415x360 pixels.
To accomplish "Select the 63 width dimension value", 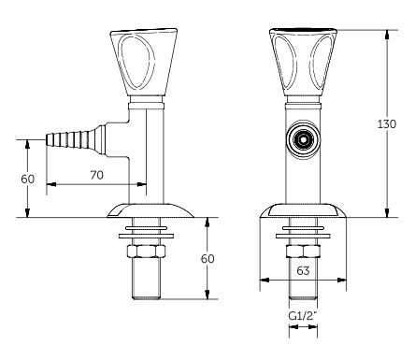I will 303,271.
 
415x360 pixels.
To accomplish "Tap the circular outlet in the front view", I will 302,139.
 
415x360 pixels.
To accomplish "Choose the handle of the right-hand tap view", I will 303,61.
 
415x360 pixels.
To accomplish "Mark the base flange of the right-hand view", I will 303,209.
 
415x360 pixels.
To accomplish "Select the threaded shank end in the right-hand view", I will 303,281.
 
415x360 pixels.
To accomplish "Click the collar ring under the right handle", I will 303,99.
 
